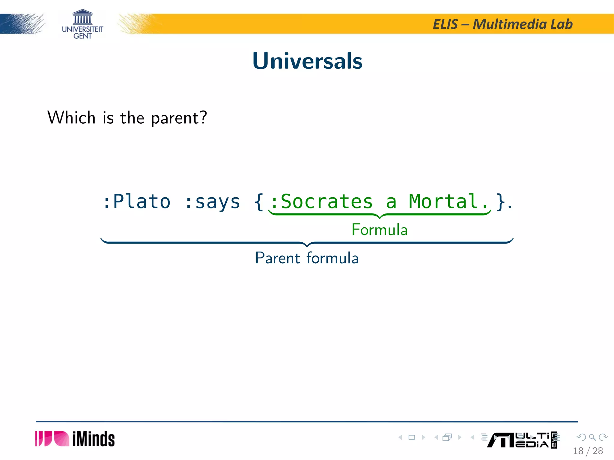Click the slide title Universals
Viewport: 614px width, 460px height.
point(307,61)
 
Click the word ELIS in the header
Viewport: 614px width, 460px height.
point(445,24)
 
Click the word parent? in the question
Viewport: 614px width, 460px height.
point(179,118)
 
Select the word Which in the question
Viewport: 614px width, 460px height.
point(71,117)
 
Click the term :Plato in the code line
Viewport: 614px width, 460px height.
point(137,202)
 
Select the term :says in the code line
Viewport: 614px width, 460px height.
point(212,202)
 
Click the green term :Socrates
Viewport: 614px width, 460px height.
point(321,202)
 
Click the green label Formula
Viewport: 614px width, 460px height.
point(380,230)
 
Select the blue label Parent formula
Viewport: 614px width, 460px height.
point(307,258)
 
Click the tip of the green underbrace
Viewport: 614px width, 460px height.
point(380,217)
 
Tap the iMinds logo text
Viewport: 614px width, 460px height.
point(93,439)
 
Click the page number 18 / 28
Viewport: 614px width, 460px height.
point(588,451)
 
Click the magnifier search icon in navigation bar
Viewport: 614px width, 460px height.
point(592,437)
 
